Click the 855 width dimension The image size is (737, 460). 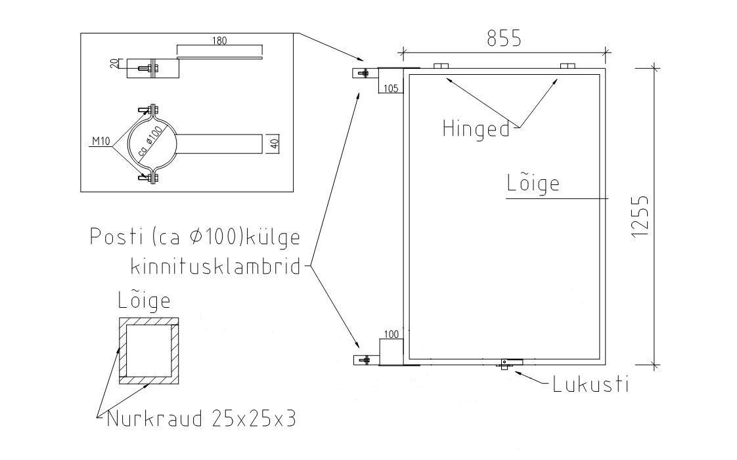504,39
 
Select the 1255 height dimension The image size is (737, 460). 640,217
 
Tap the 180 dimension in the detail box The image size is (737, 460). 219,41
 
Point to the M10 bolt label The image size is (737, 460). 100,141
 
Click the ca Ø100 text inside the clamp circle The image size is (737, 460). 150,141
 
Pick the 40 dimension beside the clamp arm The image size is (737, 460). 275,144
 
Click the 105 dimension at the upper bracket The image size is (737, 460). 391,88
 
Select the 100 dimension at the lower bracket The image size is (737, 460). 391,334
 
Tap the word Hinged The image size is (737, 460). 476,129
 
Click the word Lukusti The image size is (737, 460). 591,385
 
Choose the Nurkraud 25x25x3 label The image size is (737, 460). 202,419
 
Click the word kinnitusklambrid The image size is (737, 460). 215,266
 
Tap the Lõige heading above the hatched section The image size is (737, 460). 144,300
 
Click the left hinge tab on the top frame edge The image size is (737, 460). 441,65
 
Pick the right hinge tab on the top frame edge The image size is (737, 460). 568,65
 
